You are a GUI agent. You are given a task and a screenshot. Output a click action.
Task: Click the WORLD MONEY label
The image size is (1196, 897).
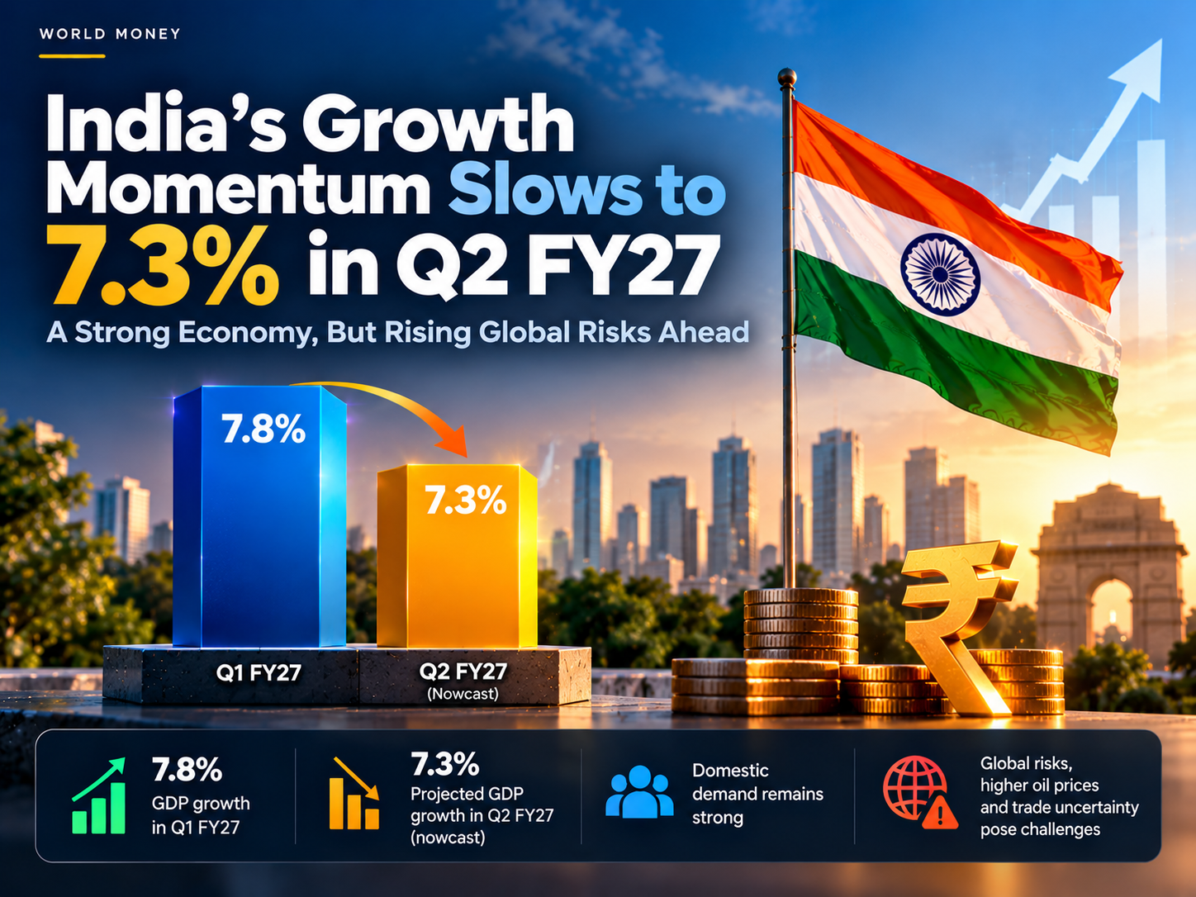(110, 34)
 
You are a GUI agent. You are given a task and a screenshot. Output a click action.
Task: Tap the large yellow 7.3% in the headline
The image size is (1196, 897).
(162, 265)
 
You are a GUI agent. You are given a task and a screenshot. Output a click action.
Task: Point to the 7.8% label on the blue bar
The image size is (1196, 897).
(263, 430)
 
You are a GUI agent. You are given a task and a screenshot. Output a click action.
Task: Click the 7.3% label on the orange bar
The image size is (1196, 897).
(465, 500)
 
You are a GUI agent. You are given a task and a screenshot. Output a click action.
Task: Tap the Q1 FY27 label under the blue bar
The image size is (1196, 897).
(259, 673)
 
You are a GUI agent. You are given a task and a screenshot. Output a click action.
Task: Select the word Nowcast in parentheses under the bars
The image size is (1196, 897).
(463, 693)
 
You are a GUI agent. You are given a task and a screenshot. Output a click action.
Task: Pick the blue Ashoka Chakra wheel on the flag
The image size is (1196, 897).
(941, 274)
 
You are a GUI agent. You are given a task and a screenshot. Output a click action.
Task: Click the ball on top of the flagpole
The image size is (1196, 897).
(787, 77)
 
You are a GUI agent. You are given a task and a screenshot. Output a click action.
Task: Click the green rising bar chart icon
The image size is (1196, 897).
(98, 795)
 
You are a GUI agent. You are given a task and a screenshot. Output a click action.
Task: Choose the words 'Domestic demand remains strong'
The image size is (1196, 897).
(757, 794)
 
